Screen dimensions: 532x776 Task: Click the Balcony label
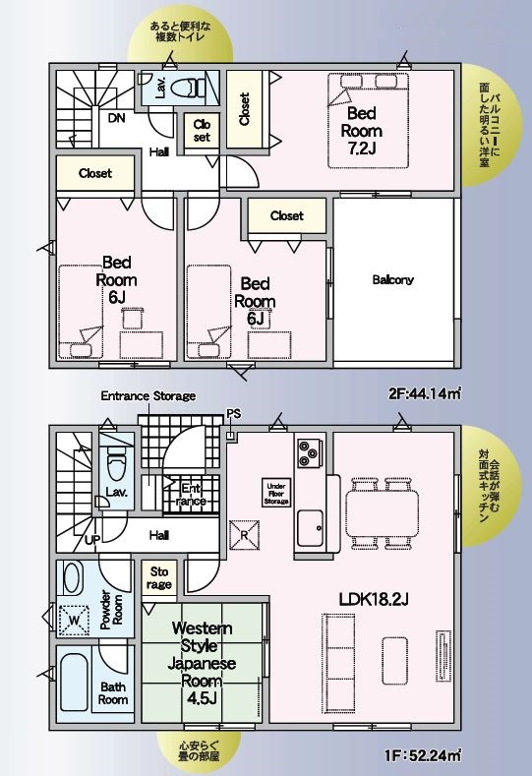coord(393,279)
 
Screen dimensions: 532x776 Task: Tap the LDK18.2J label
coord(374,599)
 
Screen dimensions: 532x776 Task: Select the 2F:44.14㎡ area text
coord(425,394)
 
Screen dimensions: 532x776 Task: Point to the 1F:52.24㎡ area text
coord(423,755)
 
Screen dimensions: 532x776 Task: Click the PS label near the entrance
coord(234,413)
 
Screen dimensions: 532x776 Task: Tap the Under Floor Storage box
coord(276,494)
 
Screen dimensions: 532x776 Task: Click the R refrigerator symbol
coord(245,535)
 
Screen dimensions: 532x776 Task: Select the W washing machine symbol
coord(74,620)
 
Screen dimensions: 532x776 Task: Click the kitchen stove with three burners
coord(310,451)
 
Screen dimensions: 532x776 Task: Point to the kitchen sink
coord(310,528)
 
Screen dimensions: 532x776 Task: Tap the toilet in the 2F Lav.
coord(187,89)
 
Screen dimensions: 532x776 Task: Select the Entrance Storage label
coord(148,396)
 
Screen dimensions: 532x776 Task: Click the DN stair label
coord(117,118)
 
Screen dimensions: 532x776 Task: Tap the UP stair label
coord(92,540)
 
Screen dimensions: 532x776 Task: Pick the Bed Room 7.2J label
coord(362,131)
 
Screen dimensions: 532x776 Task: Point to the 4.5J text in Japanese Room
coord(201,698)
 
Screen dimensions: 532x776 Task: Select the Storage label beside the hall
coord(159,578)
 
